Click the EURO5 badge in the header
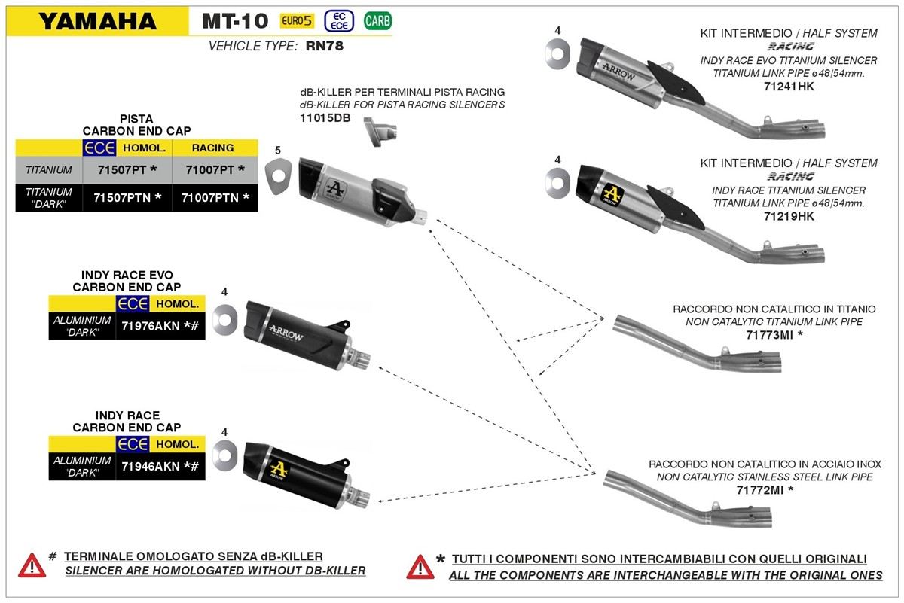pyautogui.click(x=297, y=20)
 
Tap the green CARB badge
pyautogui.click(x=377, y=20)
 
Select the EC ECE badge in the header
pyautogui.click(x=339, y=21)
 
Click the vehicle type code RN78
pyautogui.click(x=325, y=46)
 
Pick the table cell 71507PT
pyautogui.click(x=127, y=170)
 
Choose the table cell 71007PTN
pyautogui.click(x=215, y=198)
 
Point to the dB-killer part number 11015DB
pyautogui.click(x=325, y=118)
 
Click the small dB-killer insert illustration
pyautogui.click(x=380, y=131)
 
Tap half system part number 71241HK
pyautogui.click(x=789, y=87)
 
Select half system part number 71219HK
pyautogui.click(x=789, y=216)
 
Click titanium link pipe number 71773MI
pyautogui.click(x=769, y=335)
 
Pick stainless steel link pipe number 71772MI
pyautogui.click(x=759, y=490)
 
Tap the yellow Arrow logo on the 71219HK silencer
pyautogui.click(x=612, y=195)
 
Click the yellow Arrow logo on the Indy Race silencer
pyautogui.click(x=279, y=470)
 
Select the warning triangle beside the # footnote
pyautogui.click(x=32, y=565)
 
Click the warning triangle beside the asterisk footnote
pyautogui.click(x=420, y=567)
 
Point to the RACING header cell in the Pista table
pyautogui.click(x=212, y=148)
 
